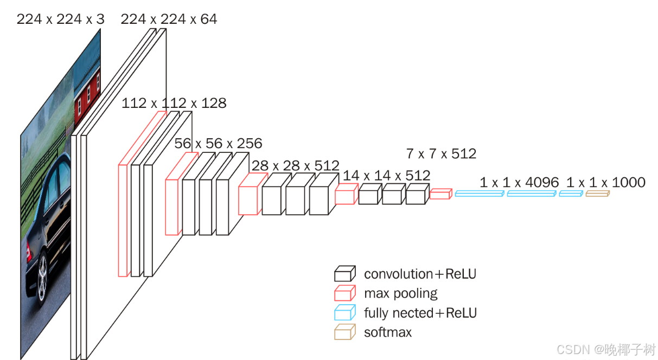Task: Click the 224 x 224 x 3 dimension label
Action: pyautogui.click(x=61, y=20)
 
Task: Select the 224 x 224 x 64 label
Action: pyautogui.click(x=169, y=20)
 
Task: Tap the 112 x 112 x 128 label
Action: pyautogui.click(x=174, y=104)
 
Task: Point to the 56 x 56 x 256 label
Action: pyautogui.click(x=218, y=144)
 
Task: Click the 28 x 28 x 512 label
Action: pyautogui.click(x=296, y=166)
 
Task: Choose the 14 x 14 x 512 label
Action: pyautogui.click(x=387, y=176)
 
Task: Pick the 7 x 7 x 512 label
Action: pyautogui.click(x=441, y=154)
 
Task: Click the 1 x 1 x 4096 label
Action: pyautogui.click(x=519, y=183)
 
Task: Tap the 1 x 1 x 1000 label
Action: pyautogui.click(x=606, y=183)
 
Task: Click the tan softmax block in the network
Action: pyautogui.click(x=597, y=194)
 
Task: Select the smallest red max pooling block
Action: pyautogui.click(x=440, y=194)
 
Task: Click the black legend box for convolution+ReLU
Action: pyautogui.click(x=345, y=273)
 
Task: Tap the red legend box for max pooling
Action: pyautogui.click(x=345, y=293)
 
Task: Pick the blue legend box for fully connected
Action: pyautogui.click(x=345, y=312)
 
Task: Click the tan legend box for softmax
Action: pyautogui.click(x=345, y=332)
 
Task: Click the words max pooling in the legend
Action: pyautogui.click(x=401, y=294)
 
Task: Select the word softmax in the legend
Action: pyautogui.click(x=388, y=332)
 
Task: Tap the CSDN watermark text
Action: pyautogui.click(x=606, y=350)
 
